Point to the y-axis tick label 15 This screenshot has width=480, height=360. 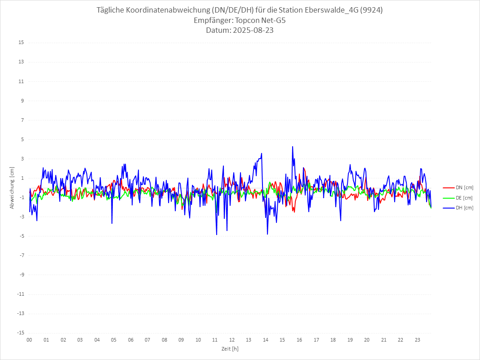click(21, 43)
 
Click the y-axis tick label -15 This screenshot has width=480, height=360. click(20, 333)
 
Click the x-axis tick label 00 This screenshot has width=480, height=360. click(29, 340)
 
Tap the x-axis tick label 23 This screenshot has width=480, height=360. click(418, 340)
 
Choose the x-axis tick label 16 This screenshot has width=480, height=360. click(299, 340)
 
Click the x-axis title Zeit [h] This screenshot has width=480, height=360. click(230, 348)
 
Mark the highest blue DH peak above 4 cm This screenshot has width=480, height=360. click(293, 147)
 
